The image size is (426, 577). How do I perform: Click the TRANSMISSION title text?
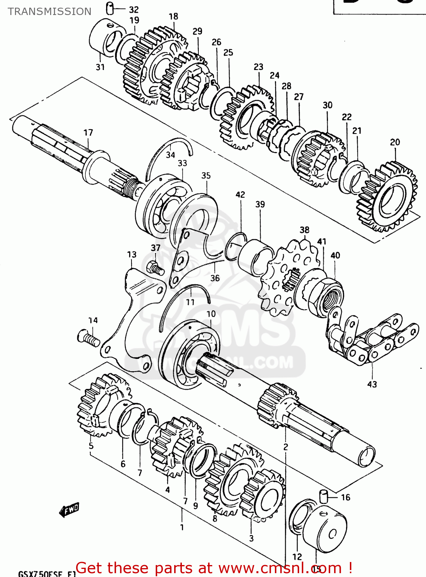pos(50,12)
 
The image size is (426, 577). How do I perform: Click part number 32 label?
pos(133,10)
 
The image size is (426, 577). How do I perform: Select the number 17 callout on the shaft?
pos(88,133)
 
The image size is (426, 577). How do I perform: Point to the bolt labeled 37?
pos(155,267)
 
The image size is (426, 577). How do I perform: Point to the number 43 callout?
pos(372,384)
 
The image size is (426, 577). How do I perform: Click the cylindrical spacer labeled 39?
pos(256,256)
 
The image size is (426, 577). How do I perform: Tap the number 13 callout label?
pos(131,255)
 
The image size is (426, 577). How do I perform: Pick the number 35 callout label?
pos(206,176)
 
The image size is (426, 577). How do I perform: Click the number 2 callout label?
pos(285,447)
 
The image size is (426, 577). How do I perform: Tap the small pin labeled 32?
pos(110,8)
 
